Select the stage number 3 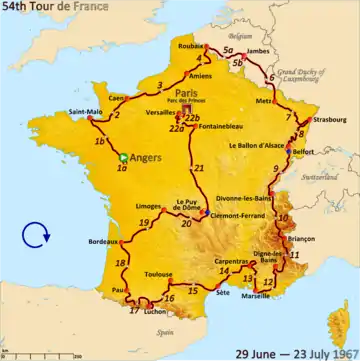160,84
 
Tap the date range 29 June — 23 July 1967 295,352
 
